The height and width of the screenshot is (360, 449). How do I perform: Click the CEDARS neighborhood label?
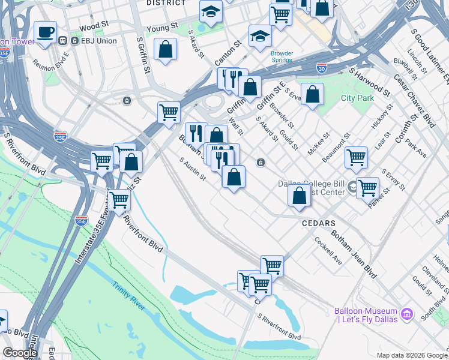[318, 223]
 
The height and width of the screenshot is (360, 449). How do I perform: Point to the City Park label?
[357, 98]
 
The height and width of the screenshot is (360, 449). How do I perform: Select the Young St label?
[163, 27]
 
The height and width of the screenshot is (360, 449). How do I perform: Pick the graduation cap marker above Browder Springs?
[260, 35]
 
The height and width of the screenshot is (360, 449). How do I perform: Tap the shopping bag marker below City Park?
[312, 94]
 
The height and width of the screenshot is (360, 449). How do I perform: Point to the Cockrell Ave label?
[328, 251]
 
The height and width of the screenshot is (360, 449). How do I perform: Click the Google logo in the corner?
[20, 353]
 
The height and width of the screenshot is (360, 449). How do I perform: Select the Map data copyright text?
[411, 355]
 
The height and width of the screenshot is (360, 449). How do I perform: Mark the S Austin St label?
[193, 169]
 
